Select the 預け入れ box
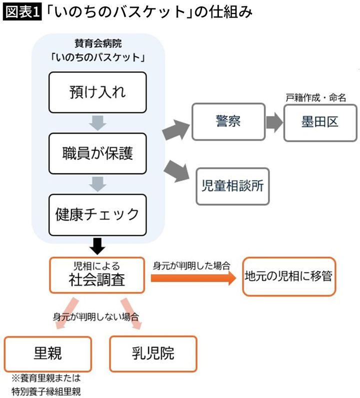pyautogui.click(x=97, y=92)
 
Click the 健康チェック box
pyautogui.click(x=97, y=214)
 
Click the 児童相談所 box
pyautogui.click(x=232, y=186)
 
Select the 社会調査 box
pyautogui.click(x=96, y=275)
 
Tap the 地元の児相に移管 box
pyautogui.click(x=288, y=276)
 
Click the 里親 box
pyautogui.click(x=48, y=354)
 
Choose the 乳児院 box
pyautogui.click(x=153, y=354)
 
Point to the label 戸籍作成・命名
pyautogui.click(x=316, y=98)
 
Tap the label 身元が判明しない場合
pyautogui.click(x=95, y=316)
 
